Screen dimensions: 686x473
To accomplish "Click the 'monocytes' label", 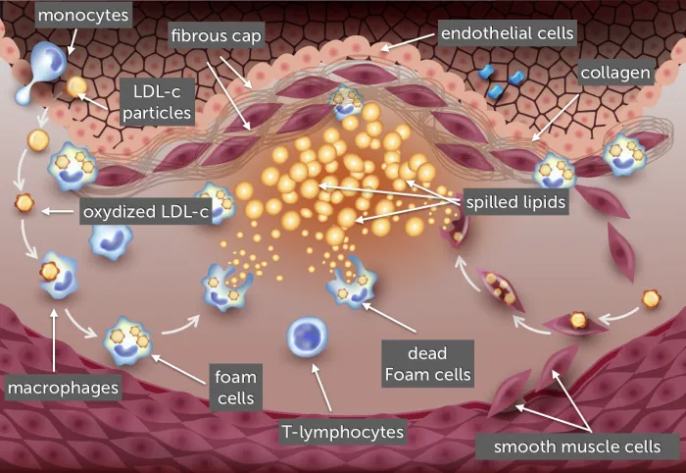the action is [x=83, y=16].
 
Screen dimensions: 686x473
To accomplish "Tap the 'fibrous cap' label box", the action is [x=217, y=35].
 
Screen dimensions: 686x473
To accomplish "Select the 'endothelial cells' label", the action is [x=507, y=33].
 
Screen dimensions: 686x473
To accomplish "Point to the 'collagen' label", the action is [x=615, y=73].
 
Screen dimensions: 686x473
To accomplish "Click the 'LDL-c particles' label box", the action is [x=157, y=102].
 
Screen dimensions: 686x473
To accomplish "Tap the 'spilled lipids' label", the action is [x=515, y=202].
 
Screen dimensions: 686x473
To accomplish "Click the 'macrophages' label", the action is [x=63, y=388].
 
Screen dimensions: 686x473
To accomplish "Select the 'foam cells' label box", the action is [x=236, y=388].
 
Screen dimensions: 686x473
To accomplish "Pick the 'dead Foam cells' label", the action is [x=427, y=363].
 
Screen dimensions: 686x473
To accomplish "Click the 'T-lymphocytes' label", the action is [x=343, y=432].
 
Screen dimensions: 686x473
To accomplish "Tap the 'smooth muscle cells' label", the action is [x=577, y=447].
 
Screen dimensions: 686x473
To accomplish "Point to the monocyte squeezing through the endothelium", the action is [x=41, y=75].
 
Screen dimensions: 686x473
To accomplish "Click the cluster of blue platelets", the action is [x=501, y=80].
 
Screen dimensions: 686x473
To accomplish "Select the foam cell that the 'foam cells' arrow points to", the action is [x=127, y=341].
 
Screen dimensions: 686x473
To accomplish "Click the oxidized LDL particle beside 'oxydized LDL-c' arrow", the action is [x=24, y=203].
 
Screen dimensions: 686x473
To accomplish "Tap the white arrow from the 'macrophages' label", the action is [x=54, y=341].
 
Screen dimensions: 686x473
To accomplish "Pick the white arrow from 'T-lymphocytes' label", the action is [x=321, y=388].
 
